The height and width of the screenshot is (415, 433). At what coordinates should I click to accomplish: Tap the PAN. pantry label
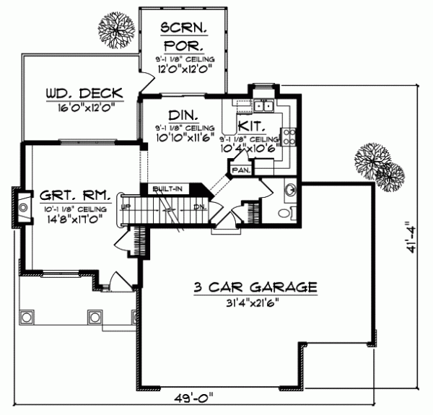coord(240,171)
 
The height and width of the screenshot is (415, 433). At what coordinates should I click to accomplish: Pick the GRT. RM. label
coord(74,196)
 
